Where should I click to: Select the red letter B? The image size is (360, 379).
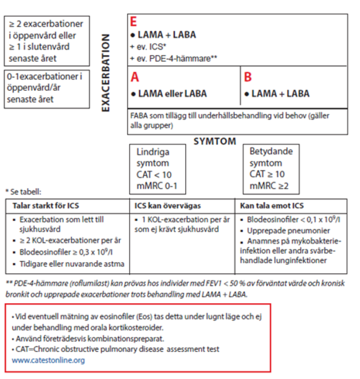[248, 77]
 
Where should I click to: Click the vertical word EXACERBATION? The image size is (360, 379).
[106, 73]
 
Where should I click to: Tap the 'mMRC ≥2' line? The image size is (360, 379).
[269, 185]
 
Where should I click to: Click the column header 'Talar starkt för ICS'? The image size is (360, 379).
[45, 206]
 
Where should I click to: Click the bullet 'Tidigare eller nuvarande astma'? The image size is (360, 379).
[72, 264]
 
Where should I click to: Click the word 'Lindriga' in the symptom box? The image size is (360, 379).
[153, 152]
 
